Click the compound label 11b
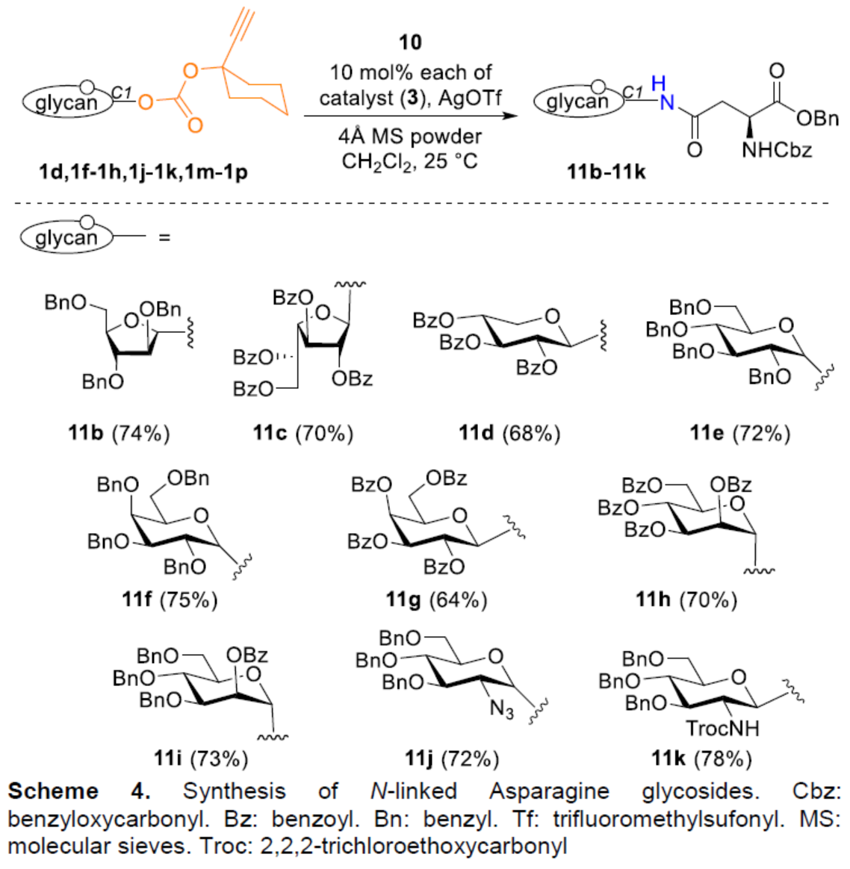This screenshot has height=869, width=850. point(86,433)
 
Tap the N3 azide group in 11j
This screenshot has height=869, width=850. point(501,708)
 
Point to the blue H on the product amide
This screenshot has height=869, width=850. point(658,83)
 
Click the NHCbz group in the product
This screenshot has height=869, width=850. point(776,150)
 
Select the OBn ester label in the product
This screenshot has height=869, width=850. point(817,119)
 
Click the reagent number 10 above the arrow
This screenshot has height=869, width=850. point(410,43)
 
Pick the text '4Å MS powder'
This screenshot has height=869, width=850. point(410,137)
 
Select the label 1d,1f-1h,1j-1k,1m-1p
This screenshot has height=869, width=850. point(143,172)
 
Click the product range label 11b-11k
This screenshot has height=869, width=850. point(606,172)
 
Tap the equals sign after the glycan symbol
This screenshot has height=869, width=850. point(164,237)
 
